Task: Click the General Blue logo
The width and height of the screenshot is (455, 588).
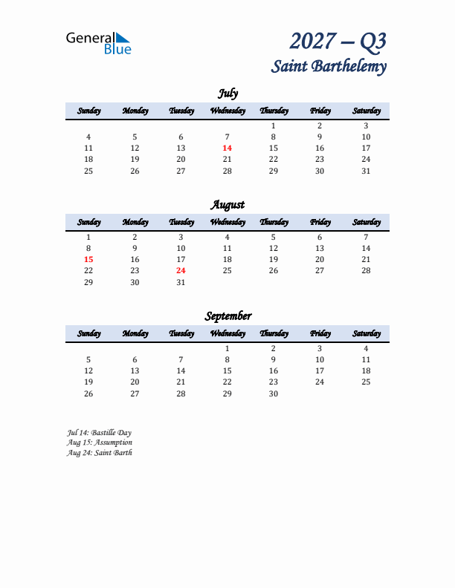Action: click(x=98, y=43)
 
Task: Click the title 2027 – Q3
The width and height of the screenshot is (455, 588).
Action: click(x=338, y=41)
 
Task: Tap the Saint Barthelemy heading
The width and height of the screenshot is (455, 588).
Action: click(x=329, y=66)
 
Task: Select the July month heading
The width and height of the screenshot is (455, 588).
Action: click(x=227, y=94)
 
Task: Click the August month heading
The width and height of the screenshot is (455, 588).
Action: click(x=227, y=205)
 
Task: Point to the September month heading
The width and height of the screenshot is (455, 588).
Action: click(x=227, y=316)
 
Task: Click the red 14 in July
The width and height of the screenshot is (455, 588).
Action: click(x=227, y=148)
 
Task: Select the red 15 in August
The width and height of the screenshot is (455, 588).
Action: click(x=88, y=260)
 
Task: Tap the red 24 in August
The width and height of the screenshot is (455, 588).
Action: click(x=181, y=271)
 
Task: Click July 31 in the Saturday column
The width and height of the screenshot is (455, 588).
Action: click(x=366, y=171)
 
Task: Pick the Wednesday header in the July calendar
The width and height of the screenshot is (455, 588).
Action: click(x=227, y=111)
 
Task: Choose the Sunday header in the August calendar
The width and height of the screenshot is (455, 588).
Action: click(x=88, y=223)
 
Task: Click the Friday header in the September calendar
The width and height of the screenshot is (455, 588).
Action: click(x=320, y=334)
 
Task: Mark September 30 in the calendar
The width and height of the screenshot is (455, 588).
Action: click(x=274, y=393)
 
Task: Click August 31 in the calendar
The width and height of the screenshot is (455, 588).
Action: click(x=181, y=282)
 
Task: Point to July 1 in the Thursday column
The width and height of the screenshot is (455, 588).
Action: click(x=274, y=126)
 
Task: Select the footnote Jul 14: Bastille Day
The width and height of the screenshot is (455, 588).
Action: click(x=99, y=432)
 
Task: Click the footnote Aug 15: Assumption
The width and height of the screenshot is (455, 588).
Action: click(x=99, y=442)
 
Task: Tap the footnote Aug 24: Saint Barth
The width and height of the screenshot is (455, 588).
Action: click(x=99, y=453)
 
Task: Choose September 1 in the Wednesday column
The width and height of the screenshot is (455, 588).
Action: click(x=227, y=349)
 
